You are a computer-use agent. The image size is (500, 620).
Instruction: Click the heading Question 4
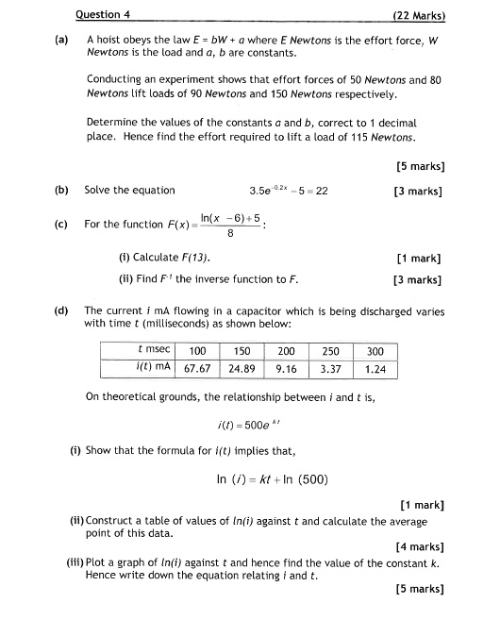point(103,14)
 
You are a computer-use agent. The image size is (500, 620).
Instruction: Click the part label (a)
point(61,41)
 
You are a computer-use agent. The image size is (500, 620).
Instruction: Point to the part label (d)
point(61,310)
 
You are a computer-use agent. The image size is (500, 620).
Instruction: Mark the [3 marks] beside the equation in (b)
point(419,191)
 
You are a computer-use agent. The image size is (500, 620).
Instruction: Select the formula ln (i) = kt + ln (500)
point(272,479)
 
